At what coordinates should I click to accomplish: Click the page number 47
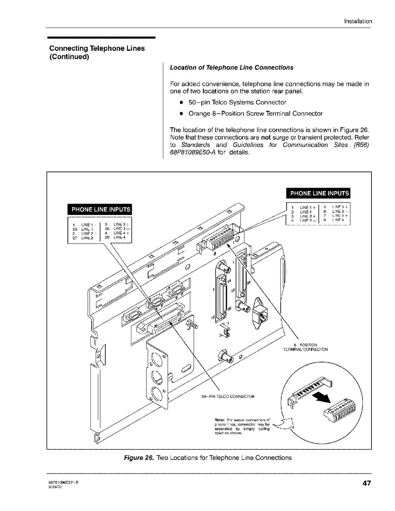click(366, 483)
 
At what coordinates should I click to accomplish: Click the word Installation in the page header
click(358, 21)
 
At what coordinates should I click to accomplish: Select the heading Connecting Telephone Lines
click(97, 49)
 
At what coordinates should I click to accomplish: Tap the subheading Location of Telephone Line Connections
click(232, 68)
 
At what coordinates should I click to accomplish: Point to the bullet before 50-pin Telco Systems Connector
click(181, 103)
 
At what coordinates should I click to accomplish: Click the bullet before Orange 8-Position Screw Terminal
click(181, 114)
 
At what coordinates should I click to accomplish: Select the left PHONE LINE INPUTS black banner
click(101, 209)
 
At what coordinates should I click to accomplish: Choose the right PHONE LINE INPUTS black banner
click(319, 193)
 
